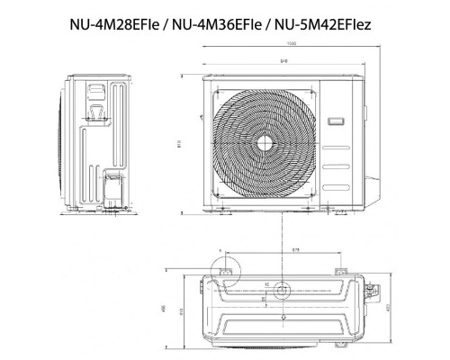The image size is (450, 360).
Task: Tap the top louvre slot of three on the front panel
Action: (337, 150)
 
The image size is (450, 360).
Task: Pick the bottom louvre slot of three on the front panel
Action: (337, 180)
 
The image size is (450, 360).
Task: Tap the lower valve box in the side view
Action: (114, 189)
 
